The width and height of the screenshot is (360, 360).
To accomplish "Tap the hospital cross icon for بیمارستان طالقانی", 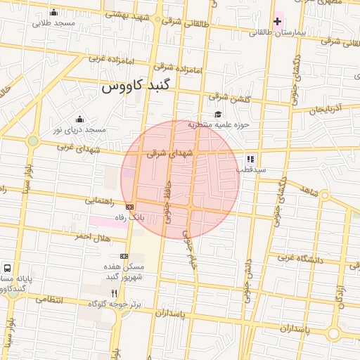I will (277, 22).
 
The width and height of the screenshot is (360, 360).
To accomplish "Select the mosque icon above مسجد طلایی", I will (54, 13).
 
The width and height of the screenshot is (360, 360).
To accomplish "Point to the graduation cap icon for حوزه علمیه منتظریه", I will (218, 115).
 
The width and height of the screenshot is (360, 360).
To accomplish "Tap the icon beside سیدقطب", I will (250, 159).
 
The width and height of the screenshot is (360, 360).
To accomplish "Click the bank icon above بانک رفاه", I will (129, 207).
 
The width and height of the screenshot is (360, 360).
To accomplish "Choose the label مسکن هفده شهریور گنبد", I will (124, 272).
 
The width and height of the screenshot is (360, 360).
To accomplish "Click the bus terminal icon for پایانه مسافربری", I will (7, 268).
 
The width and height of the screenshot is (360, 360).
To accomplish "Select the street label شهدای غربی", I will (91, 150).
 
